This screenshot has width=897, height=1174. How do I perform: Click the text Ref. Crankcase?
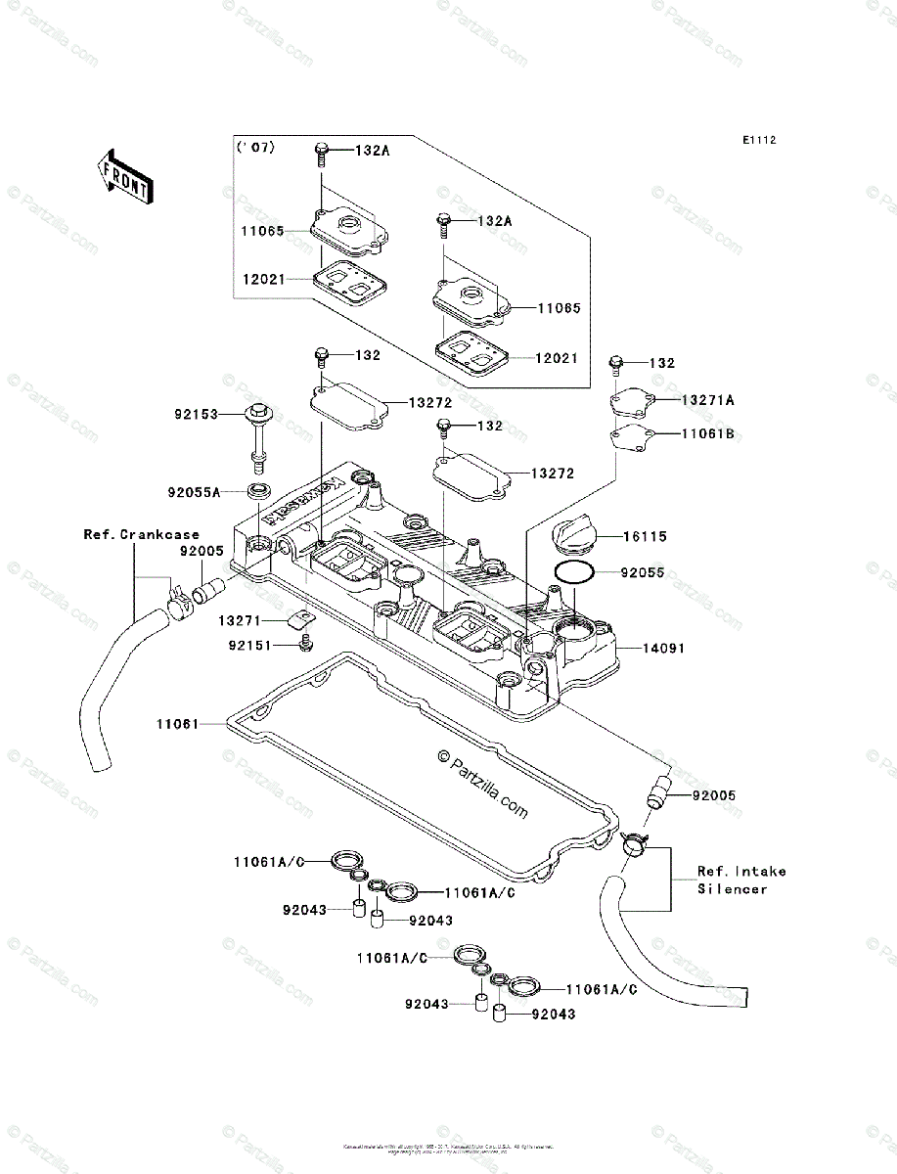point(141,534)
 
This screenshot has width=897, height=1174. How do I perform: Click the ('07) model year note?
point(255,149)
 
